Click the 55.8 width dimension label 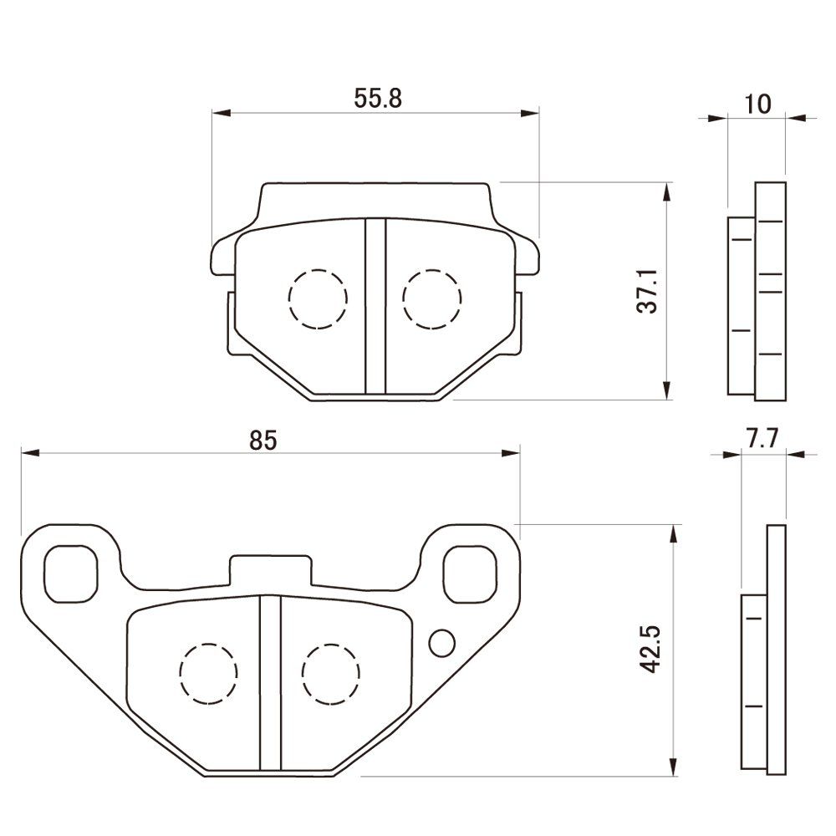378,99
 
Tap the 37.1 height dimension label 649,291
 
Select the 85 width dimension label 263,441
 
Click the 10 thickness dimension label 757,104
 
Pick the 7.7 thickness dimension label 762,439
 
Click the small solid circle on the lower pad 442,643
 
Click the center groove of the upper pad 375,306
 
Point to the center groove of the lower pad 270,683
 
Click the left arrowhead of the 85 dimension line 30,452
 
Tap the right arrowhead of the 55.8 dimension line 529,113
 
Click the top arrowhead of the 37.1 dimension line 667,192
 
